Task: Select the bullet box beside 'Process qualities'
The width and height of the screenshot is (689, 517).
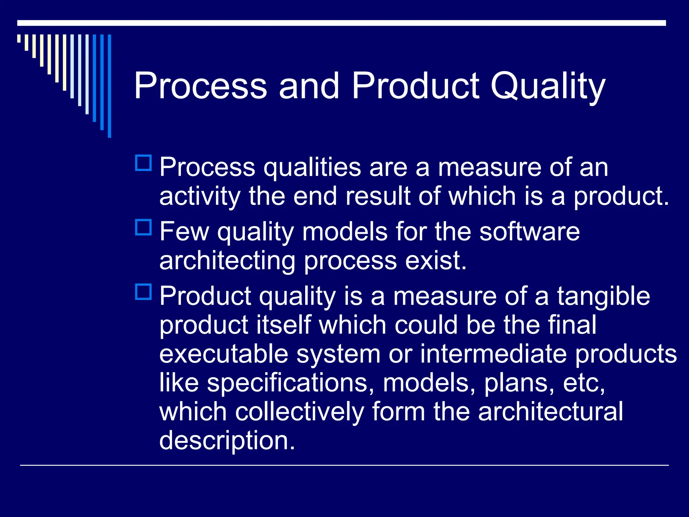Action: pyautogui.click(x=143, y=163)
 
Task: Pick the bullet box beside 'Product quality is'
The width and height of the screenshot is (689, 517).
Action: pyautogui.click(x=143, y=292)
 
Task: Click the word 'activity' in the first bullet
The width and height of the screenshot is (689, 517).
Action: pyautogui.click(x=200, y=197)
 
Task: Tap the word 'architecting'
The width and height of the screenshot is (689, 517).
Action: pyautogui.click(x=227, y=261)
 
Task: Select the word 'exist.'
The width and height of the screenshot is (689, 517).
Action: pyautogui.click(x=436, y=261)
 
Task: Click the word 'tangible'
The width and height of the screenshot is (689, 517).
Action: pyautogui.click(x=604, y=296)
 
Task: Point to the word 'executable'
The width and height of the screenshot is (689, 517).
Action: pyautogui.click(x=224, y=354)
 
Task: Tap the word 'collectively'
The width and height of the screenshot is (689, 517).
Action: pyautogui.click(x=299, y=412)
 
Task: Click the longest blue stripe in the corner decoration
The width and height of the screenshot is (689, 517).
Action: pyautogui.click(x=109, y=86)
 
